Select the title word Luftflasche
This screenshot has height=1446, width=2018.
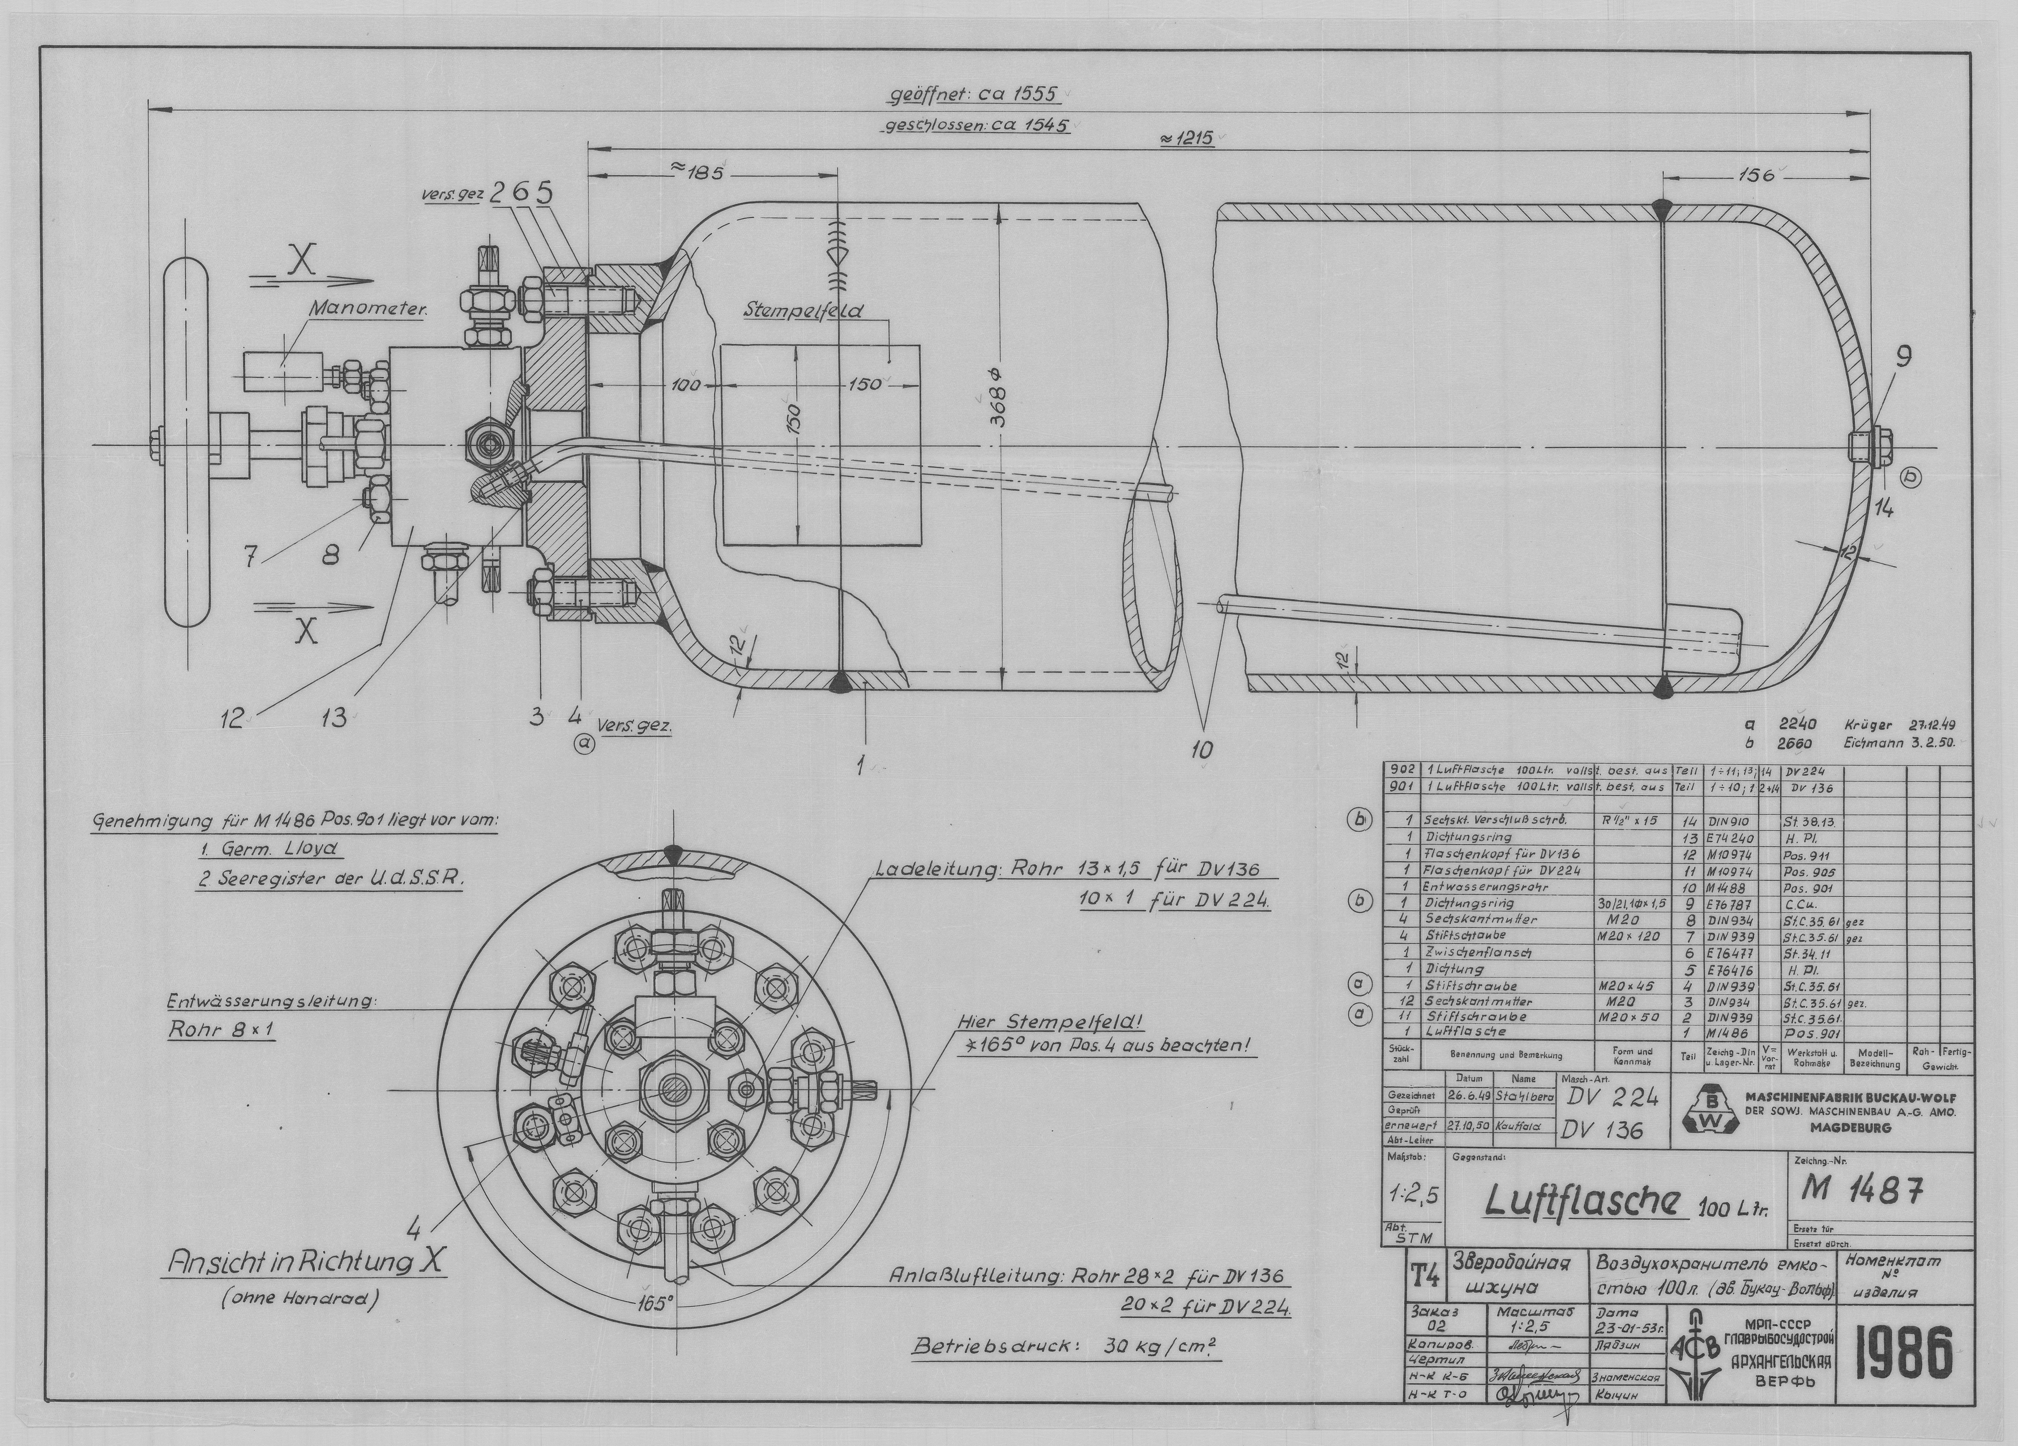(1583, 1203)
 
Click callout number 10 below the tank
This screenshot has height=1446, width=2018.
(1202, 749)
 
